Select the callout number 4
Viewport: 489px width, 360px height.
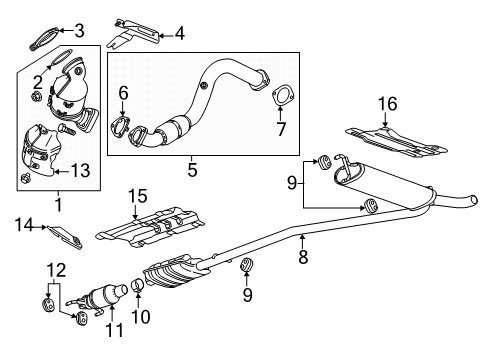pyautogui.click(x=180, y=33)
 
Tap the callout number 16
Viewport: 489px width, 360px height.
pyautogui.click(x=386, y=103)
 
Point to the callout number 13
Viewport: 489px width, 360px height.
pyautogui.click(x=81, y=171)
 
